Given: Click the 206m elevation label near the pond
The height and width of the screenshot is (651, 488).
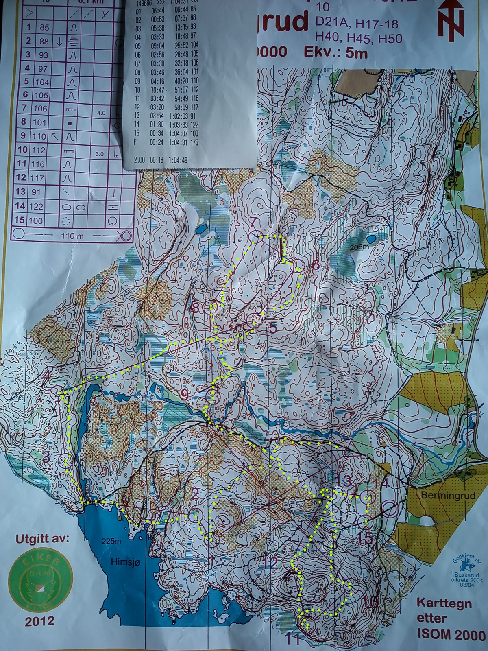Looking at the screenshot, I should pyautogui.click(x=361, y=247).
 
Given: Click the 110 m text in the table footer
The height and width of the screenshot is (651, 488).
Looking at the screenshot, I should pyautogui.click(x=70, y=236).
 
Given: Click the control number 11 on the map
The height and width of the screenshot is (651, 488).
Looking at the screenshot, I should pyautogui.click(x=294, y=638).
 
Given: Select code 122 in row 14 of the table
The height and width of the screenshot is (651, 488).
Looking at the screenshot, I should pyautogui.click(x=36, y=207).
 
